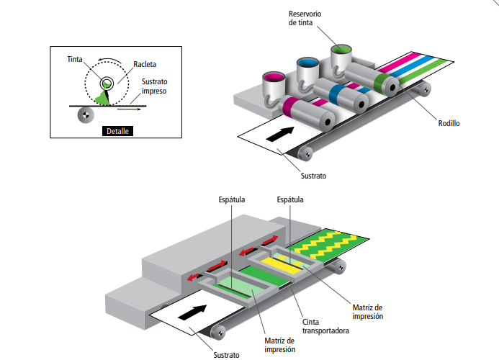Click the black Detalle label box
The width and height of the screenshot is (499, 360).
pos(115,131)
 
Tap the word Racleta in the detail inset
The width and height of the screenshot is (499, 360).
pos(145,64)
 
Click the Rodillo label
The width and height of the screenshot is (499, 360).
pos(449,123)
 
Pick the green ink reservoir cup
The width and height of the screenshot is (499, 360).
pos(340,52)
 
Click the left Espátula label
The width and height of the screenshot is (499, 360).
pos(232,199)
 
